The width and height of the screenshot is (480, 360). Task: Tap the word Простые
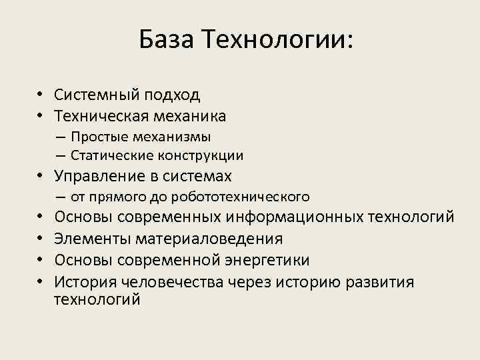coord(96,137)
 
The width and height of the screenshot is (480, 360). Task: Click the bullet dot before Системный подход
coord(41,95)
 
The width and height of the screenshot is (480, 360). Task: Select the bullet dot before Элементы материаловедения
coord(41,239)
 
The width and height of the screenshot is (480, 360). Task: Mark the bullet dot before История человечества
coord(41,282)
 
